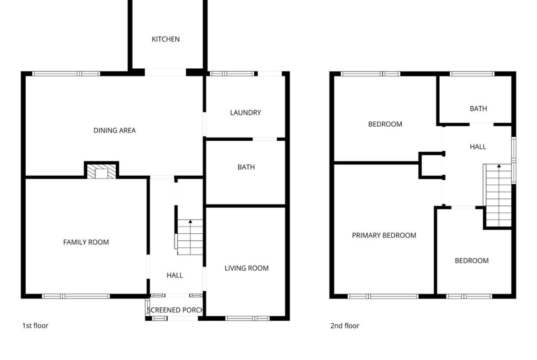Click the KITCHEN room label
[165, 39]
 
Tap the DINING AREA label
[114, 130]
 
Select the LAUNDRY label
[246, 112]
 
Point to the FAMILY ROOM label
[86, 242]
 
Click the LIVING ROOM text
[246, 268]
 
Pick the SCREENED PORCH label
[175, 310]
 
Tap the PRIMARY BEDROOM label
[384, 235]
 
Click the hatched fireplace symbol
[101, 172]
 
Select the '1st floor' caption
[35, 326]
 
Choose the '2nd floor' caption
[345, 326]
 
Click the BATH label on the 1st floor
[246, 167]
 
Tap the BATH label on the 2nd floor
[478, 109]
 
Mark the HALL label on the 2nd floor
[478, 147]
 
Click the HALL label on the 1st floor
[175, 276]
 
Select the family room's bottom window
[76, 296]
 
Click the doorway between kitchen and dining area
[165, 72]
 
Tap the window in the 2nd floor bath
[472, 73]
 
